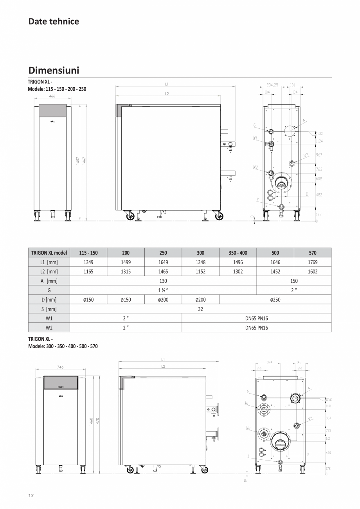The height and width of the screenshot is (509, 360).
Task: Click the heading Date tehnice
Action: point(54,22)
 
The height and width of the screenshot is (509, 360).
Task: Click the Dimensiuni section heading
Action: point(54,70)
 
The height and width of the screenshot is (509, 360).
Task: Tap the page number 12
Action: point(31,495)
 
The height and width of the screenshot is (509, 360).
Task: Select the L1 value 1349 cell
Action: point(88,262)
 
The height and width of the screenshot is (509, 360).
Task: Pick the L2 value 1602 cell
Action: point(312,271)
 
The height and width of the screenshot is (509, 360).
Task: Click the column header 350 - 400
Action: point(238,252)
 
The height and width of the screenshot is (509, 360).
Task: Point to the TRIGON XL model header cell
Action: point(49,252)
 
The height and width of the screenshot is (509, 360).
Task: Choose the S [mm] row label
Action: point(49,309)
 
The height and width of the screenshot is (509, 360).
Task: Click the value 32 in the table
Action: point(200,309)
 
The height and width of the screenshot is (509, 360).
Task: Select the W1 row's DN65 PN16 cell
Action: point(256,318)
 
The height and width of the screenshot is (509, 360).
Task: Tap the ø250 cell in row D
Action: point(275,299)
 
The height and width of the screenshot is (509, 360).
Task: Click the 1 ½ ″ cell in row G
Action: point(163,290)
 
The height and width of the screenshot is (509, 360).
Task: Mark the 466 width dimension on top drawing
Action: point(52,96)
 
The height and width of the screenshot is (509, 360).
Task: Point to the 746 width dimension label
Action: point(60,367)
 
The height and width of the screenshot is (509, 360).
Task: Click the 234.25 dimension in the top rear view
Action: point(272,85)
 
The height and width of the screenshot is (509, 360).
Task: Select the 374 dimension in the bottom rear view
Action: point(269,362)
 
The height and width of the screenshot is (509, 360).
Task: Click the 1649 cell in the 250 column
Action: point(163,262)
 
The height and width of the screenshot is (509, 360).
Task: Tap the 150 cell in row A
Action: point(294,281)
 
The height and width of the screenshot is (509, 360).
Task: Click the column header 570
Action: point(312,252)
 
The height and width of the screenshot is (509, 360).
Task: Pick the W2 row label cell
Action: point(49,327)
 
